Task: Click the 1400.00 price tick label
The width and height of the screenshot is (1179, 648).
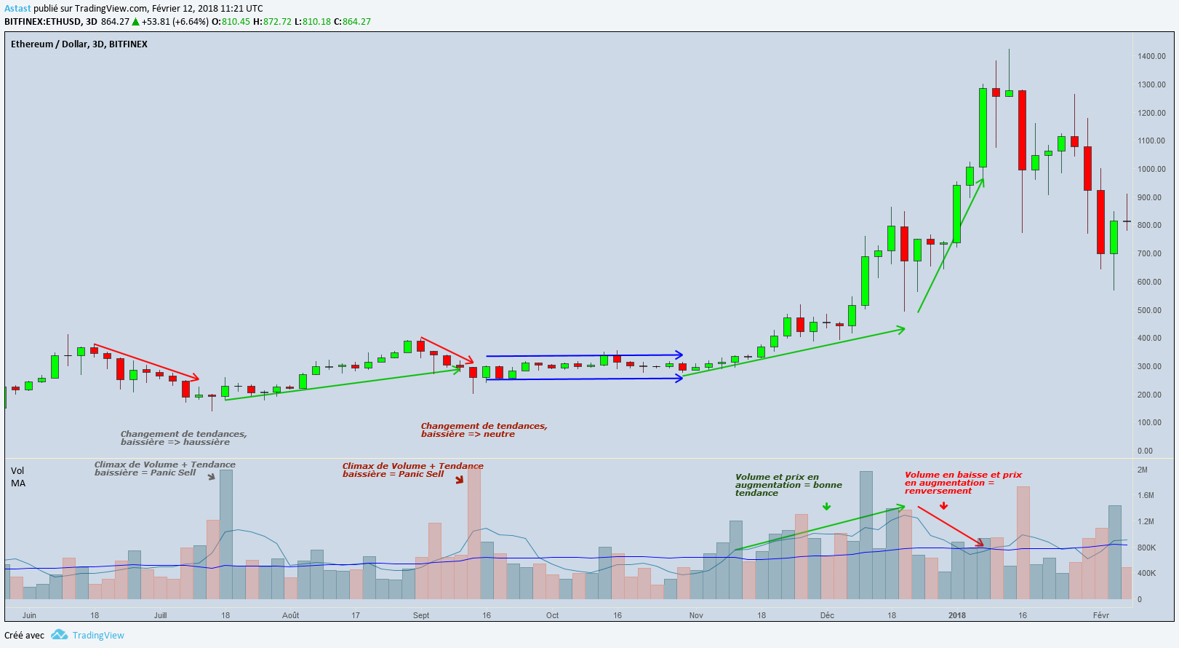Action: (1151, 56)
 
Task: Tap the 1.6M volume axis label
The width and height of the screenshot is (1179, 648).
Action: (1146, 496)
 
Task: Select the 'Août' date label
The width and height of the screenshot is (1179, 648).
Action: (290, 615)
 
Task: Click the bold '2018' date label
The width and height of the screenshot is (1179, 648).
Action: (957, 615)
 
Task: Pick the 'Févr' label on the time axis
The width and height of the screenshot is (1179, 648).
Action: (1101, 615)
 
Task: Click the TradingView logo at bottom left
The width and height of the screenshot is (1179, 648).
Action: (60, 635)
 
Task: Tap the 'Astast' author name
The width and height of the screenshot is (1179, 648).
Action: (17, 9)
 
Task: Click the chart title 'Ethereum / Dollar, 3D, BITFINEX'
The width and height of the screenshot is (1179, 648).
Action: (79, 44)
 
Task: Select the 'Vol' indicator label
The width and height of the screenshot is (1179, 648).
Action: (17, 471)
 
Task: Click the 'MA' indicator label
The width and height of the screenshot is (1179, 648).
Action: (18, 483)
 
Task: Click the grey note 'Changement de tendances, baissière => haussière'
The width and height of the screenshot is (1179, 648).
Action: (183, 438)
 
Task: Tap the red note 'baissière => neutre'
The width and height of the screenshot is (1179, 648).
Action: (468, 434)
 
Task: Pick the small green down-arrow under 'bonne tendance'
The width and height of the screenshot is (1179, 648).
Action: (826, 506)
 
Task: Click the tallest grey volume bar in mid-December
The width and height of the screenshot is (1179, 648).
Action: (866, 535)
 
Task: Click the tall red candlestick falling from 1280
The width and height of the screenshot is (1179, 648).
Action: (1022, 130)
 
